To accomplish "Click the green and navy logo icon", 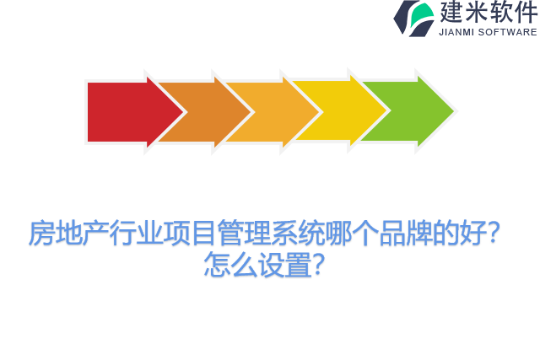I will [413, 18].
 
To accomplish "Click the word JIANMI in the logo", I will [458, 32].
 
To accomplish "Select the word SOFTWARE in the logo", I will [508, 32].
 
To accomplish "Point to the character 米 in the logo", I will [477, 13].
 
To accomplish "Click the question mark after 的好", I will [496, 234].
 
